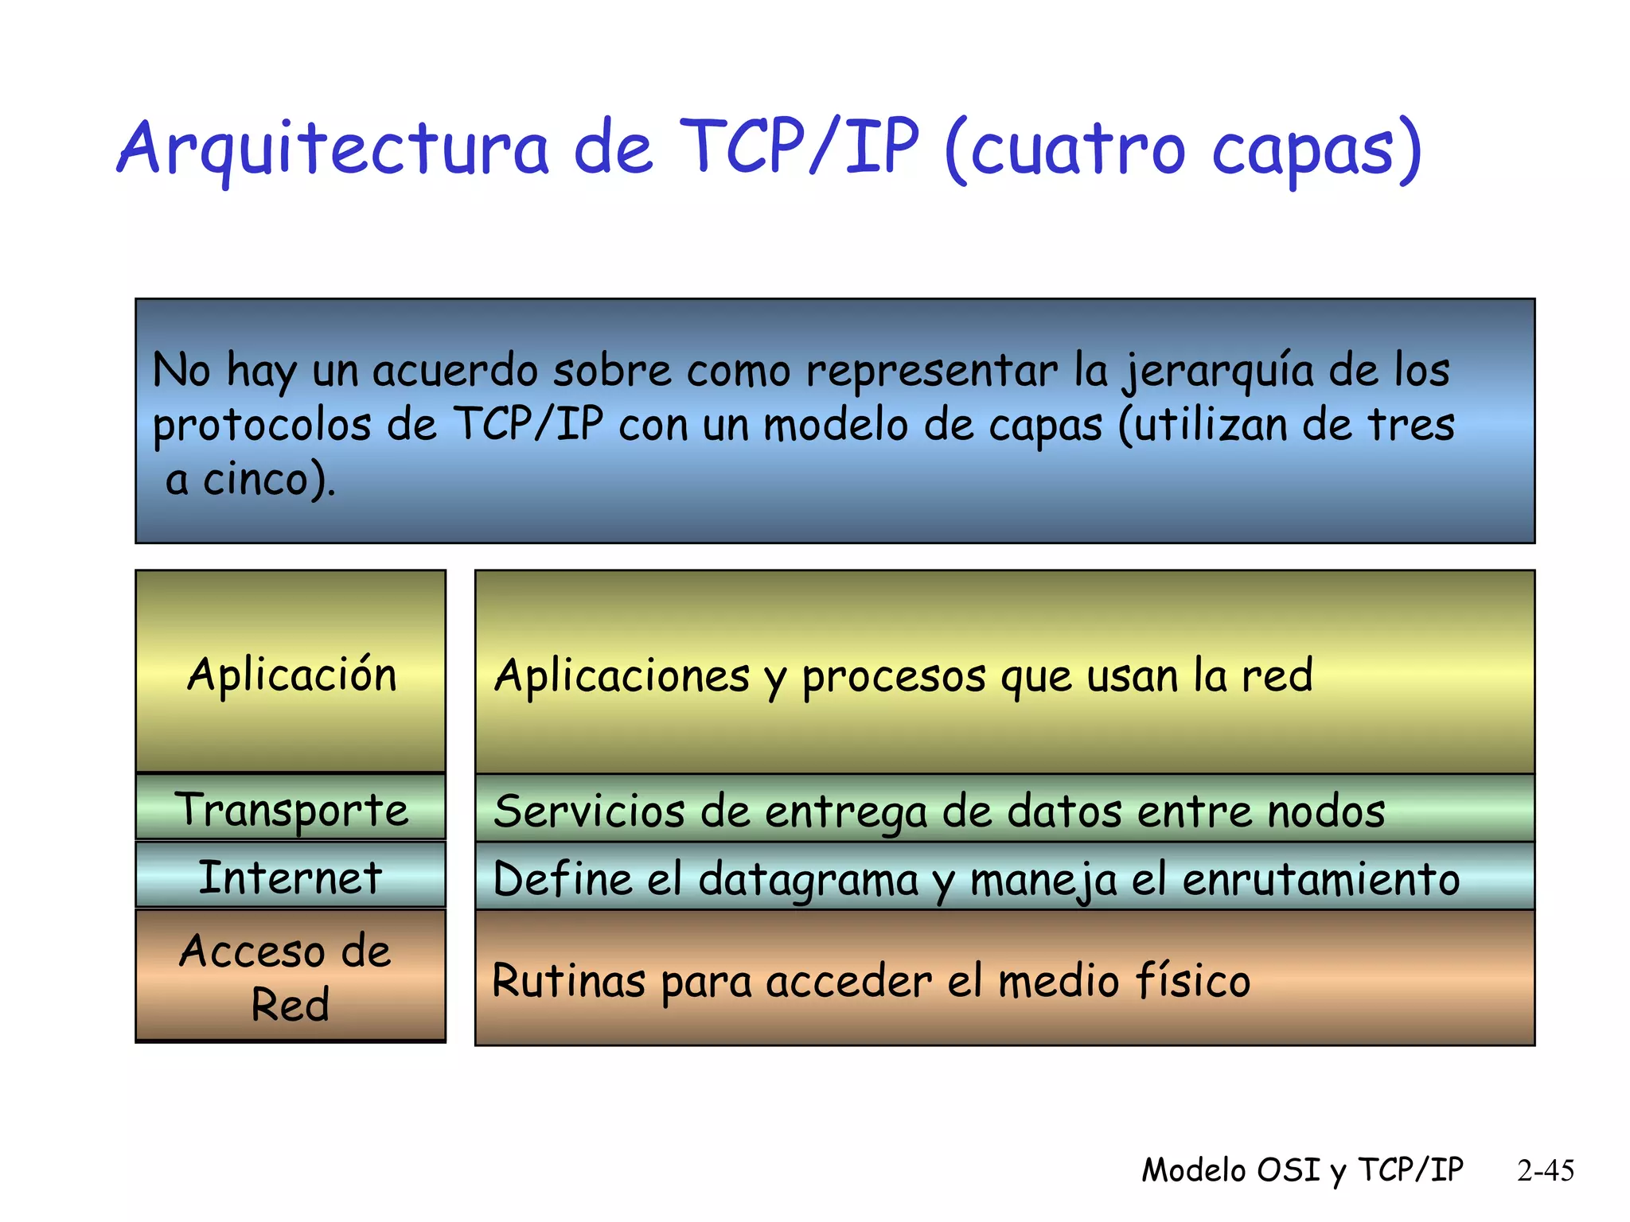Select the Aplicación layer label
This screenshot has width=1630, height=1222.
coord(291,675)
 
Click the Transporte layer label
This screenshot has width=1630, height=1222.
coord(291,809)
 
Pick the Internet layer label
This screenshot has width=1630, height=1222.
coord(291,877)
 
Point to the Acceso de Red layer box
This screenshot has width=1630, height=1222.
coord(291,976)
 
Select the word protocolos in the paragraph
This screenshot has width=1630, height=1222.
coord(262,426)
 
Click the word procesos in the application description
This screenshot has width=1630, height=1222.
coord(894,677)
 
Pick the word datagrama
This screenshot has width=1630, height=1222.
coord(808,881)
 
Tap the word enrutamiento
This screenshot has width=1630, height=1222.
coord(1320,879)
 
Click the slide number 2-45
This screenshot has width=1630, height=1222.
coord(1545,1170)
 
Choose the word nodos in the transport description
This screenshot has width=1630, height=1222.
coord(1326,811)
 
